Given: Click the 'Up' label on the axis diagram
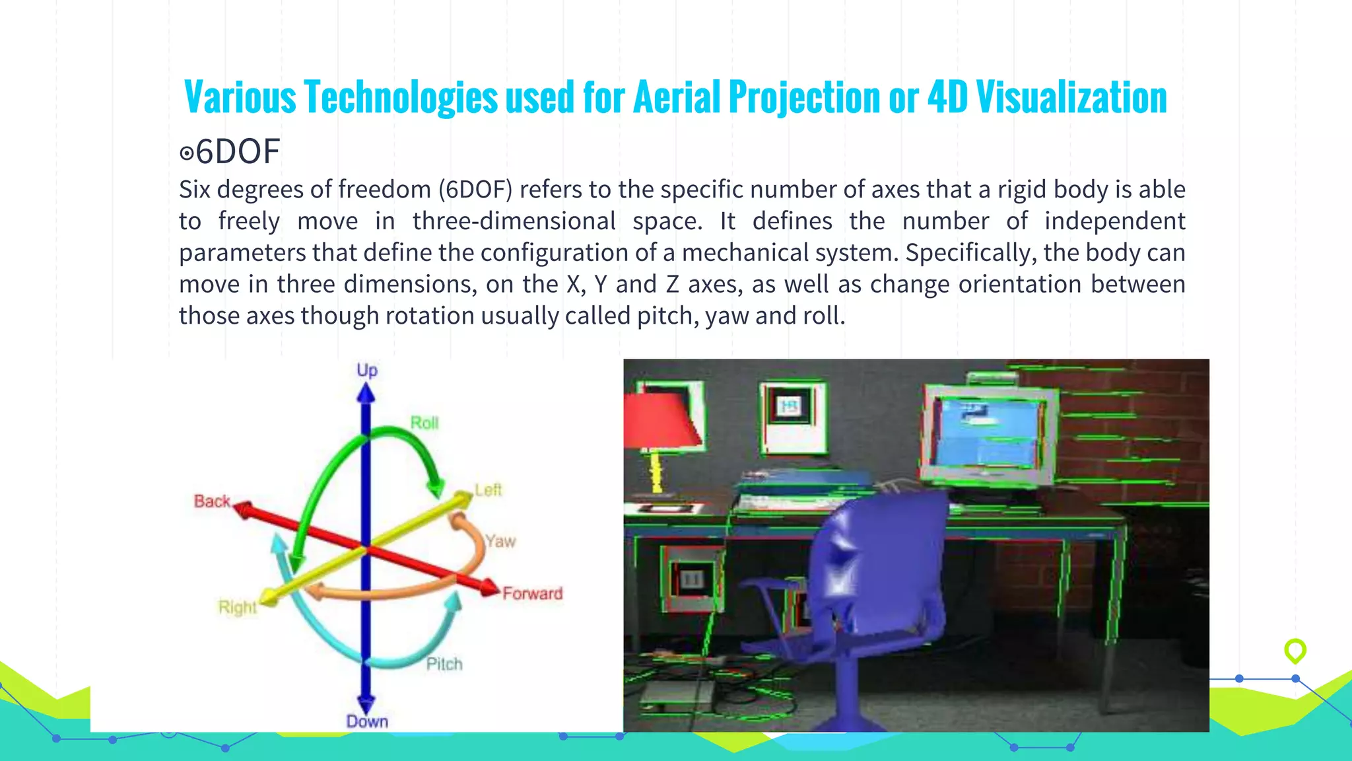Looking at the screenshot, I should click(x=367, y=370).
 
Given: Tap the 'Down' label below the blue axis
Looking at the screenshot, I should click(x=367, y=721).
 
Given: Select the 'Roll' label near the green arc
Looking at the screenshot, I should click(x=424, y=423).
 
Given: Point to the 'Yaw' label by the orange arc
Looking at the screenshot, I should click(x=500, y=541).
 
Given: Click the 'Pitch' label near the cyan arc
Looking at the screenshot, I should click(x=444, y=664).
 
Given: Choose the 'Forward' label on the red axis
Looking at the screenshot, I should click(x=533, y=593).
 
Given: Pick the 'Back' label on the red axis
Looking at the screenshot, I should click(x=212, y=501).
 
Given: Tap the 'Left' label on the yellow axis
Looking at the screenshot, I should click(x=489, y=490).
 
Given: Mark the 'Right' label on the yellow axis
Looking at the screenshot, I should click(x=238, y=607).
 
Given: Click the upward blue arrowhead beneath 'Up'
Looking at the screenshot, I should click(x=366, y=394).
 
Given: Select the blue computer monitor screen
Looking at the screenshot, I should click(x=988, y=433).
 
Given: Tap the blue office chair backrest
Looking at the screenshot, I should click(x=878, y=562).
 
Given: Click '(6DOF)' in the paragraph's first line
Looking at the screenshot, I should click(x=475, y=190).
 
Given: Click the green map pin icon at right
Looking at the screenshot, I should click(x=1295, y=651).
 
